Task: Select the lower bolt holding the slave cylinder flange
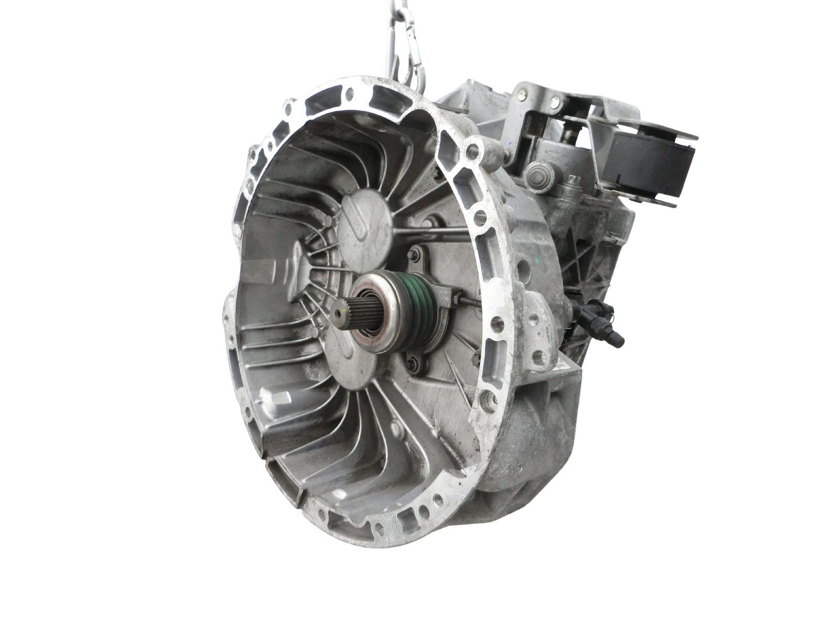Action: pos(414,362)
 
